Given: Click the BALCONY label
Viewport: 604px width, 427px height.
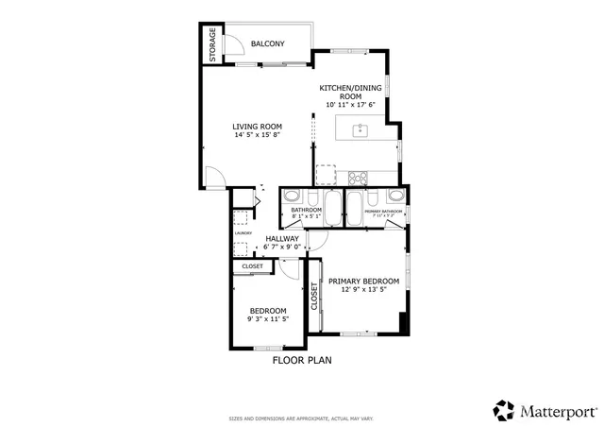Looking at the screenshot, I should [268, 43].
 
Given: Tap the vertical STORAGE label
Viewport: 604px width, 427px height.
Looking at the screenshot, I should [212, 45].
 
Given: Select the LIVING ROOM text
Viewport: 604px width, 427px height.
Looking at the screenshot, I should [258, 127].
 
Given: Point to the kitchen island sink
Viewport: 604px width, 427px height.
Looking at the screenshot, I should [361, 130].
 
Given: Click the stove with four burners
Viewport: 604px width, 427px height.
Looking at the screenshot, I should [359, 176].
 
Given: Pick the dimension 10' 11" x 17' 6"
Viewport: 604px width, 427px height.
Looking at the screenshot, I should [351, 105].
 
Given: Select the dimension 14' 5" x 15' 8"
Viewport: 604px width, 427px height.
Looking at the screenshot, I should [258, 135].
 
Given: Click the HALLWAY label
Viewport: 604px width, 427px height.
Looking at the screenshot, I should [282, 238].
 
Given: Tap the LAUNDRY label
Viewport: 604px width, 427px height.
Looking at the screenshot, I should [243, 231].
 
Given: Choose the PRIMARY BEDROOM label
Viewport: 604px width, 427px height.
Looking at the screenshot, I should [363, 281].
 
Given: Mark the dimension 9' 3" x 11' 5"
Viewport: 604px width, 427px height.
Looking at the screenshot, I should [268, 319].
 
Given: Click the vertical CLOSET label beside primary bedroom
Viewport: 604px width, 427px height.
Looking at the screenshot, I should [314, 297].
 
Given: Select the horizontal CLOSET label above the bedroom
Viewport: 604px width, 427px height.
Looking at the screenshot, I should [253, 266].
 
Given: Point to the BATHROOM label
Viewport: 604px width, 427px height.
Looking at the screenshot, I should [307, 209].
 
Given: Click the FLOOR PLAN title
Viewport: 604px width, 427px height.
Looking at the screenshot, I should [302, 360].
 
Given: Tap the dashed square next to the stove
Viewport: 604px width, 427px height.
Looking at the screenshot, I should [326, 175].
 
